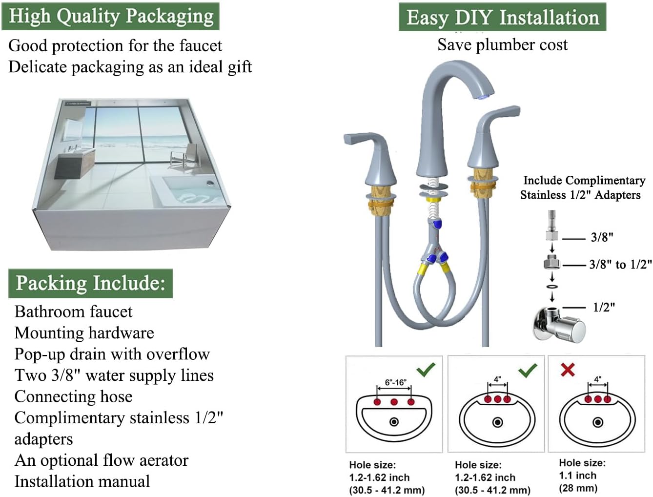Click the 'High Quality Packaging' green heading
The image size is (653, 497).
[111, 16]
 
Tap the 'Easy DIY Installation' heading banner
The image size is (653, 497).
[502, 18]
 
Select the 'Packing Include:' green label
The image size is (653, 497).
[90, 283]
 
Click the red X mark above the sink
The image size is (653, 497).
[568, 370]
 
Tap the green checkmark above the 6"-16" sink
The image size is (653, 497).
[426, 369]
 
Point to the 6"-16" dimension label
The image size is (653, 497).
[395, 382]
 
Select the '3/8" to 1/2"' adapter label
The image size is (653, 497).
[620, 265]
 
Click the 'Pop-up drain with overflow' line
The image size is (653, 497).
[112, 354]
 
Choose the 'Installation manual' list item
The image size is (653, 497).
[82, 481]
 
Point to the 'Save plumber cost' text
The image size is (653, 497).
[502, 45]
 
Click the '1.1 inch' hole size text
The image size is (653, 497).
[578, 476]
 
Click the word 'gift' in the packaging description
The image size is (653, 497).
[239, 67]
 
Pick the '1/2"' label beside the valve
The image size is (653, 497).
[604, 307]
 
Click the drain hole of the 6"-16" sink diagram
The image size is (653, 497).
[394, 422]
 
